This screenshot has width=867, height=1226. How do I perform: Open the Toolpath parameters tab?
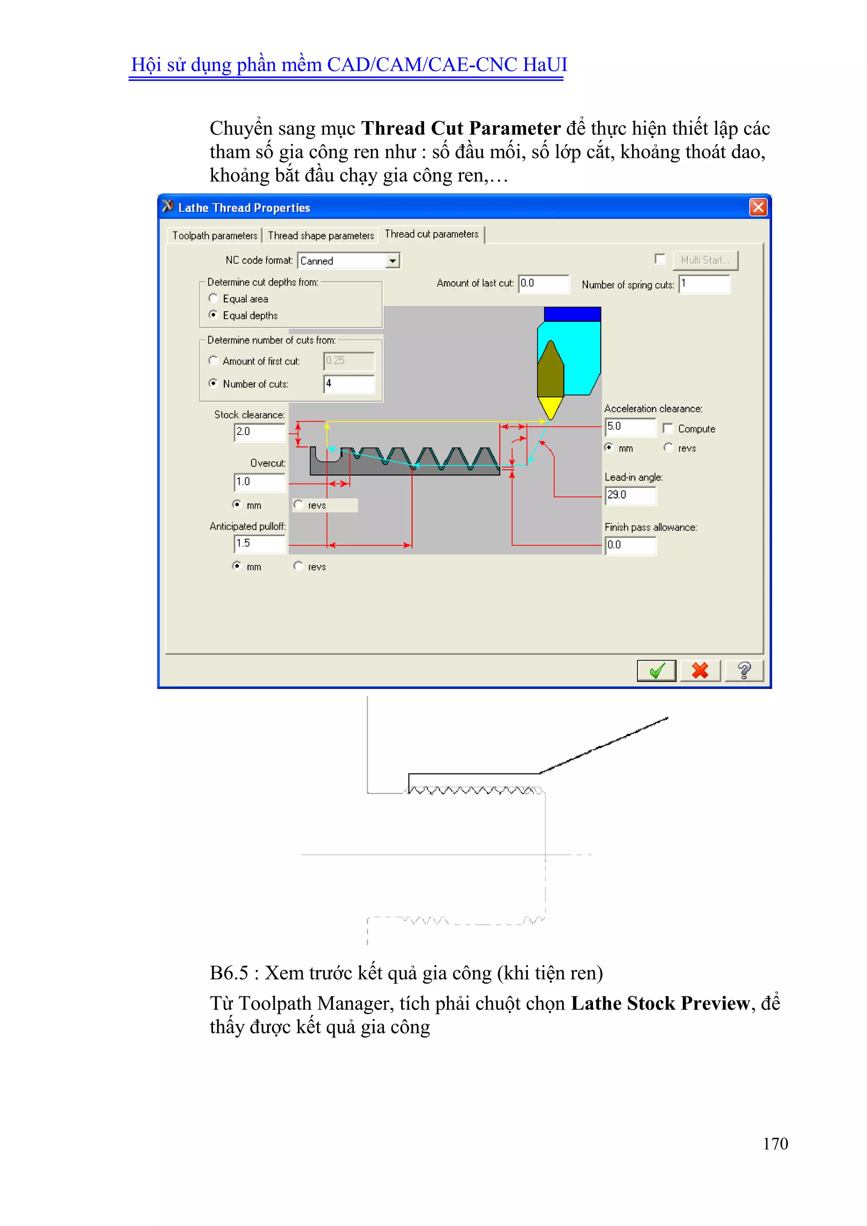(x=215, y=235)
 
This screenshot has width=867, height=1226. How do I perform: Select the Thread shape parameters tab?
(x=321, y=235)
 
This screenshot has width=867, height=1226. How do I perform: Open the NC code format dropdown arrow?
(x=393, y=260)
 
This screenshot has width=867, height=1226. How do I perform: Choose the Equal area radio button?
(x=213, y=298)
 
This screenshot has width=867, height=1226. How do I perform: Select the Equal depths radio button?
(x=213, y=315)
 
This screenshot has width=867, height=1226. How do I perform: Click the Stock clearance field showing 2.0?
(x=260, y=432)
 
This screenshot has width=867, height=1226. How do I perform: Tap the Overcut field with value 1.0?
(x=260, y=482)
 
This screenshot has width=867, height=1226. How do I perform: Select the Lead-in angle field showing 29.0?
(x=630, y=495)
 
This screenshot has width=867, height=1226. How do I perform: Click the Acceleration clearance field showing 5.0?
(x=630, y=426)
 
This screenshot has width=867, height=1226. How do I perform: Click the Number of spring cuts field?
(x=704, y=284)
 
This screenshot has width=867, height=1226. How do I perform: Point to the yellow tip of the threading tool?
(x=550, y=407)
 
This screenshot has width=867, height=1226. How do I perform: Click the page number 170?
(x=775, y=1143)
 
